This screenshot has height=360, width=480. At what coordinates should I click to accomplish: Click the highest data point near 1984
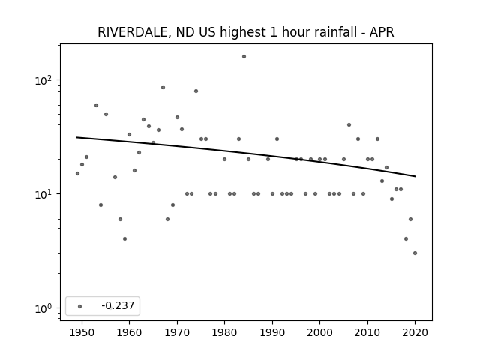(x=244, y=57)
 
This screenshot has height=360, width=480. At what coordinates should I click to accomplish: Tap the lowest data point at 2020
(x=415, y=253)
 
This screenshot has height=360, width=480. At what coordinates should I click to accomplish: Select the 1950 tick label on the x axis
(x=82, y=333)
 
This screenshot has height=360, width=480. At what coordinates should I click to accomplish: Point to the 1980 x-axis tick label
(x=224, y=333)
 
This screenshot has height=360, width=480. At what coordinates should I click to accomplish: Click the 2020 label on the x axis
(x=415, y=333)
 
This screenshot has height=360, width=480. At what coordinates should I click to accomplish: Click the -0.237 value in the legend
(x=118, y=305)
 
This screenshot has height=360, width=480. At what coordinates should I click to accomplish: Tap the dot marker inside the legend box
(x=80, y=306)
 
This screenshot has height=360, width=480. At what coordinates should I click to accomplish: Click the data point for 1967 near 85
(x=163, y=88)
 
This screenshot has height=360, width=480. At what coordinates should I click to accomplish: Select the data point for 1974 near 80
(x=196, y=91)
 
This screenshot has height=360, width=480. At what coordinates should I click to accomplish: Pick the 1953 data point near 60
(x=97, y=105)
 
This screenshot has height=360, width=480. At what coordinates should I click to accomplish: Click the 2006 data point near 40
(x=349, y=125)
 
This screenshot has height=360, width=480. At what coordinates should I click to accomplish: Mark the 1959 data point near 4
(x=125, y=238)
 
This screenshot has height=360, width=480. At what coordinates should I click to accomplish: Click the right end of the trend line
(x=415, y=176)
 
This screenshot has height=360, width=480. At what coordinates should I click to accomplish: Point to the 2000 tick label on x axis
(x=319, y=333)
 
